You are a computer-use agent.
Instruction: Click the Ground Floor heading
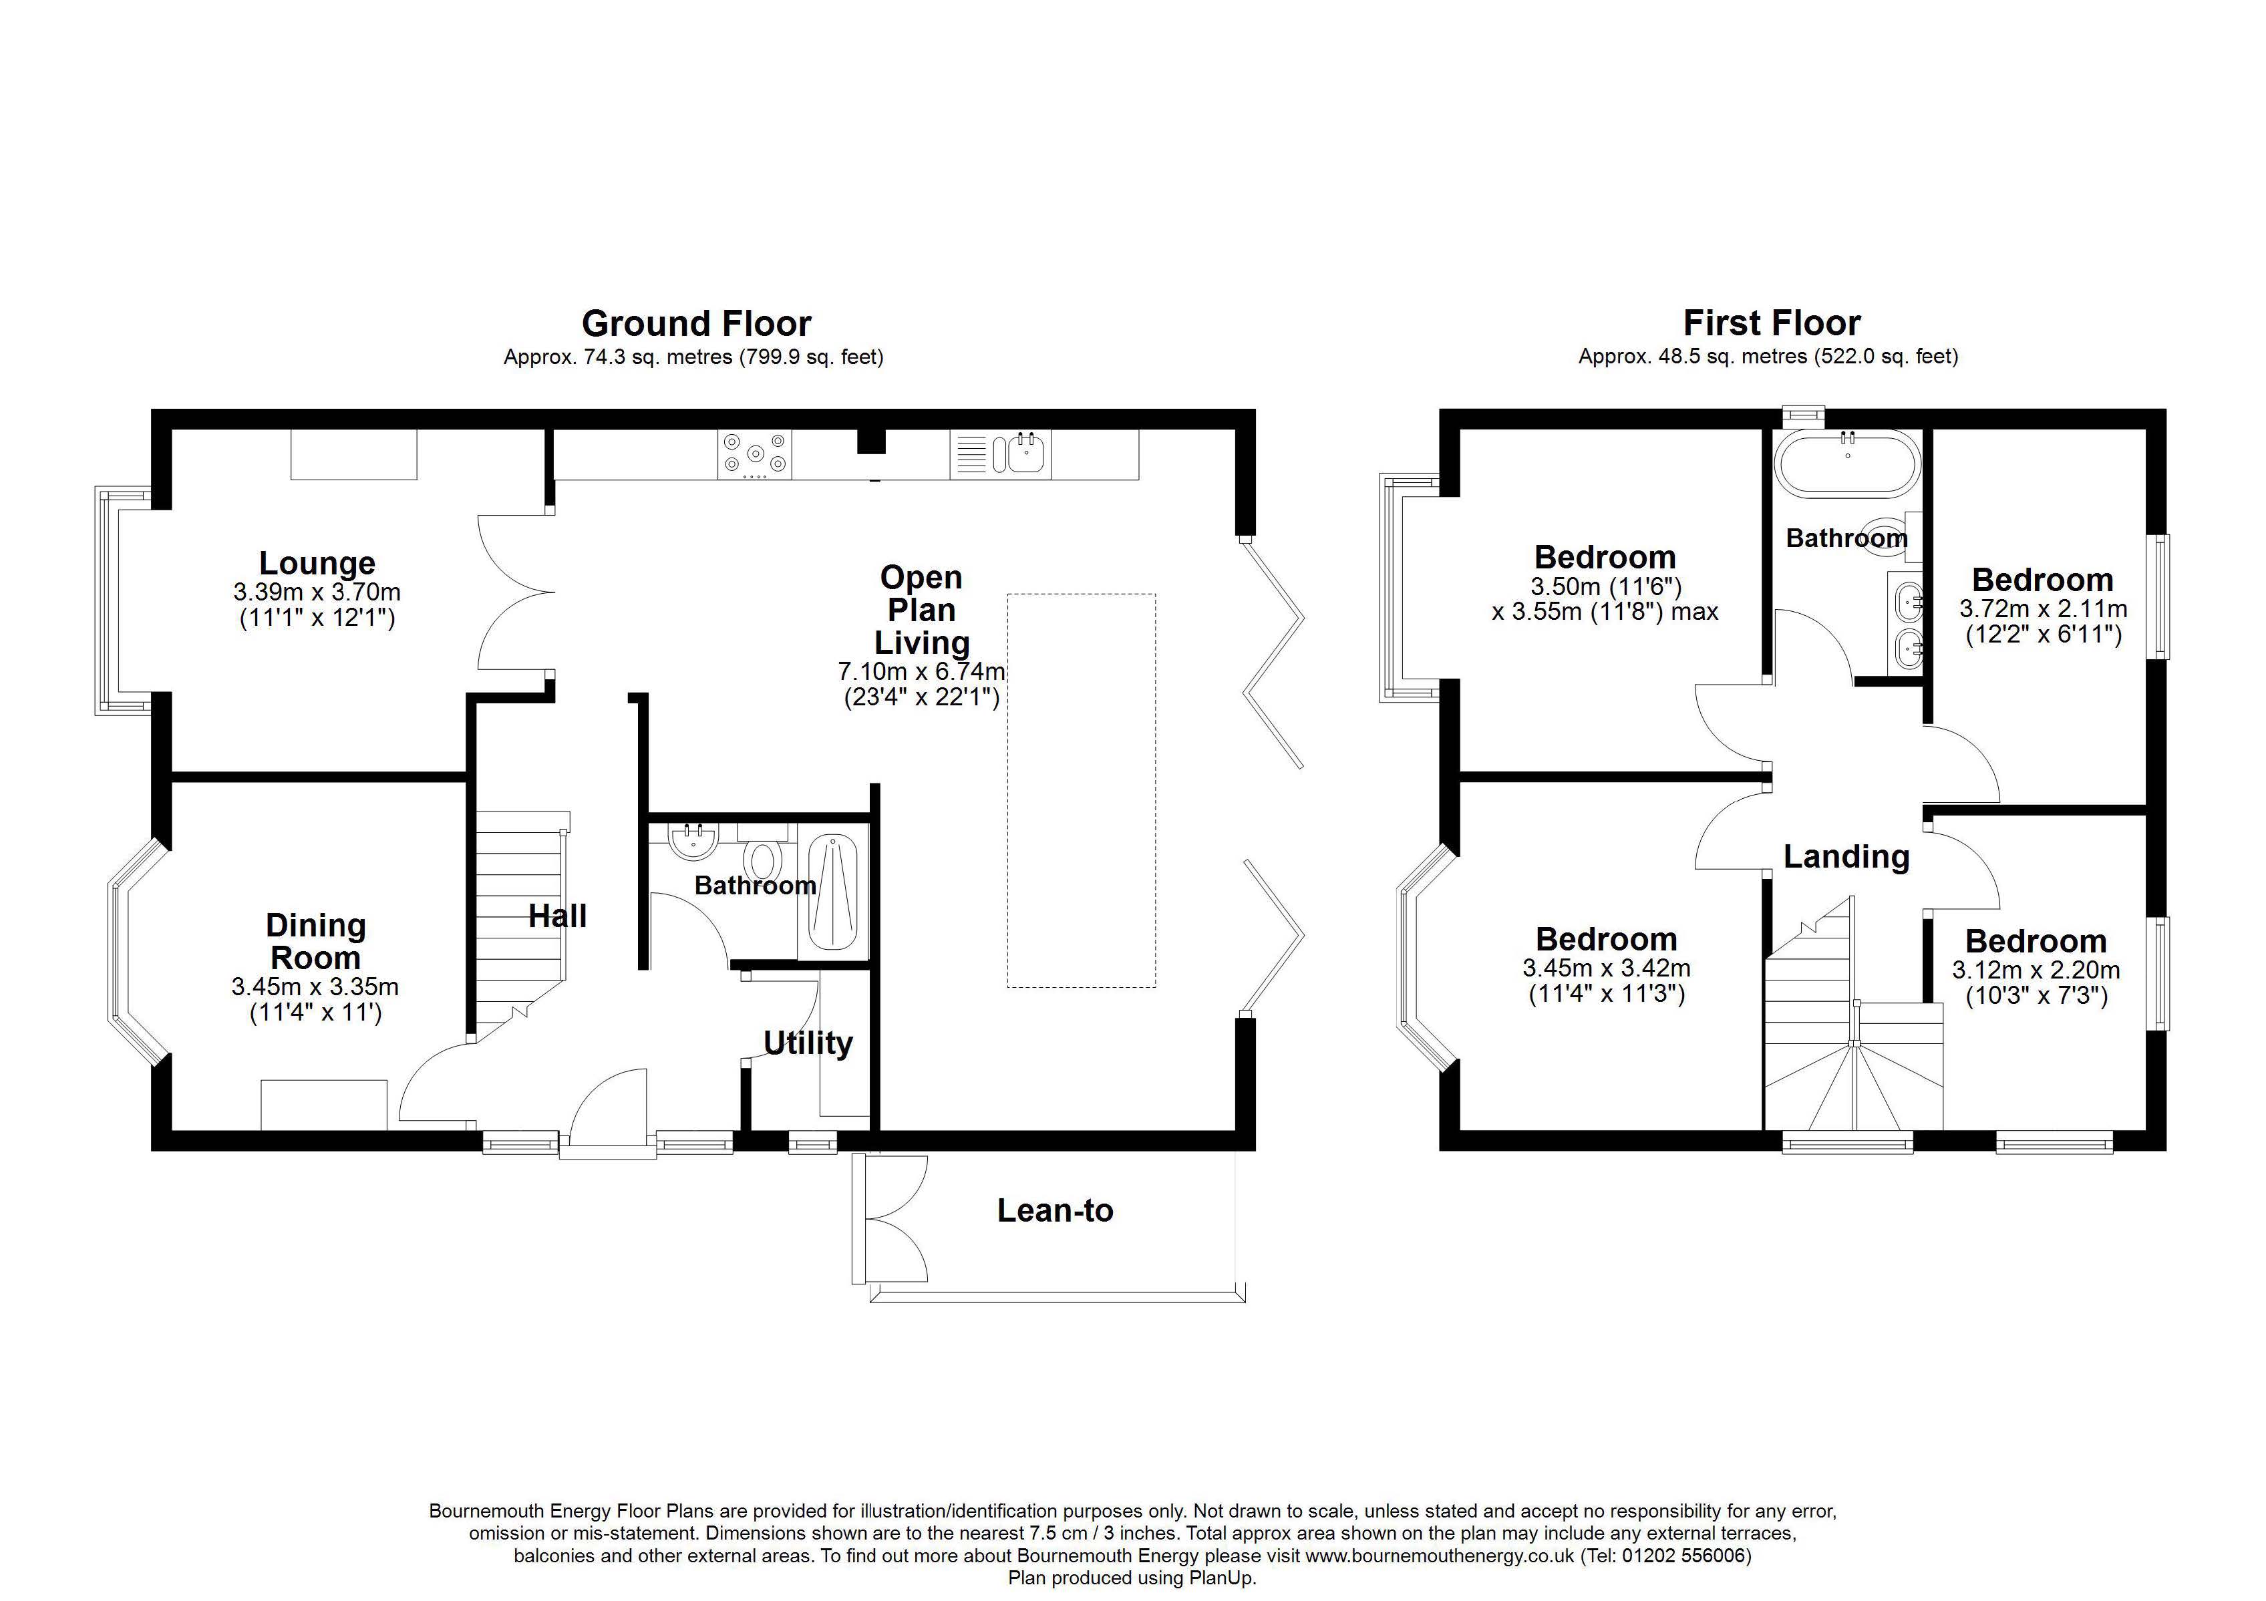pos(696,324)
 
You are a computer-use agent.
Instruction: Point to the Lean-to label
pos(1055,1210)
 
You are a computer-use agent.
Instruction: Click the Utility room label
pos(807,1043)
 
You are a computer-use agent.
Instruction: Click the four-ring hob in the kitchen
pos(755,454)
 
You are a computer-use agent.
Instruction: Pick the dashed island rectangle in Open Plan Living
pos(1081,789)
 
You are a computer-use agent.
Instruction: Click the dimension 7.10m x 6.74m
pos(921,672)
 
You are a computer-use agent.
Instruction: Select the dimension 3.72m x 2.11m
pos(2043,609)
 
